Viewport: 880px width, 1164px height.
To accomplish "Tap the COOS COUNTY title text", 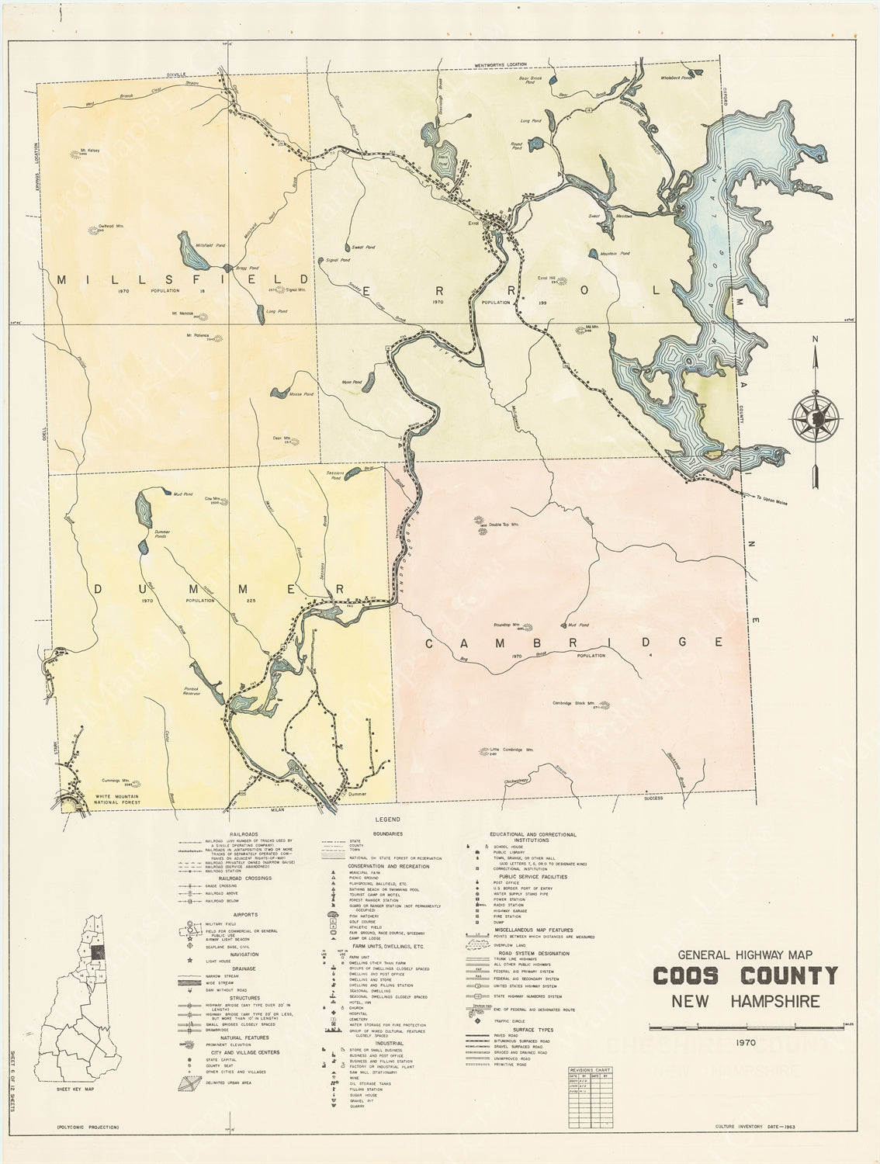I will click(x=745, y=975).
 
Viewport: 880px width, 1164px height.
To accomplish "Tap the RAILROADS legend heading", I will click(x=234, y=831).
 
